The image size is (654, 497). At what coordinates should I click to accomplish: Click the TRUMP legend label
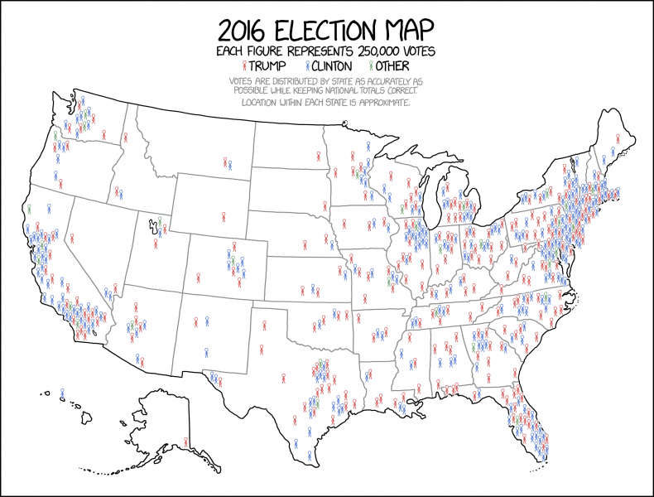point(266,65)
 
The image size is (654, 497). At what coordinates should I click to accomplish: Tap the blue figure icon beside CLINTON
point(307,65)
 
